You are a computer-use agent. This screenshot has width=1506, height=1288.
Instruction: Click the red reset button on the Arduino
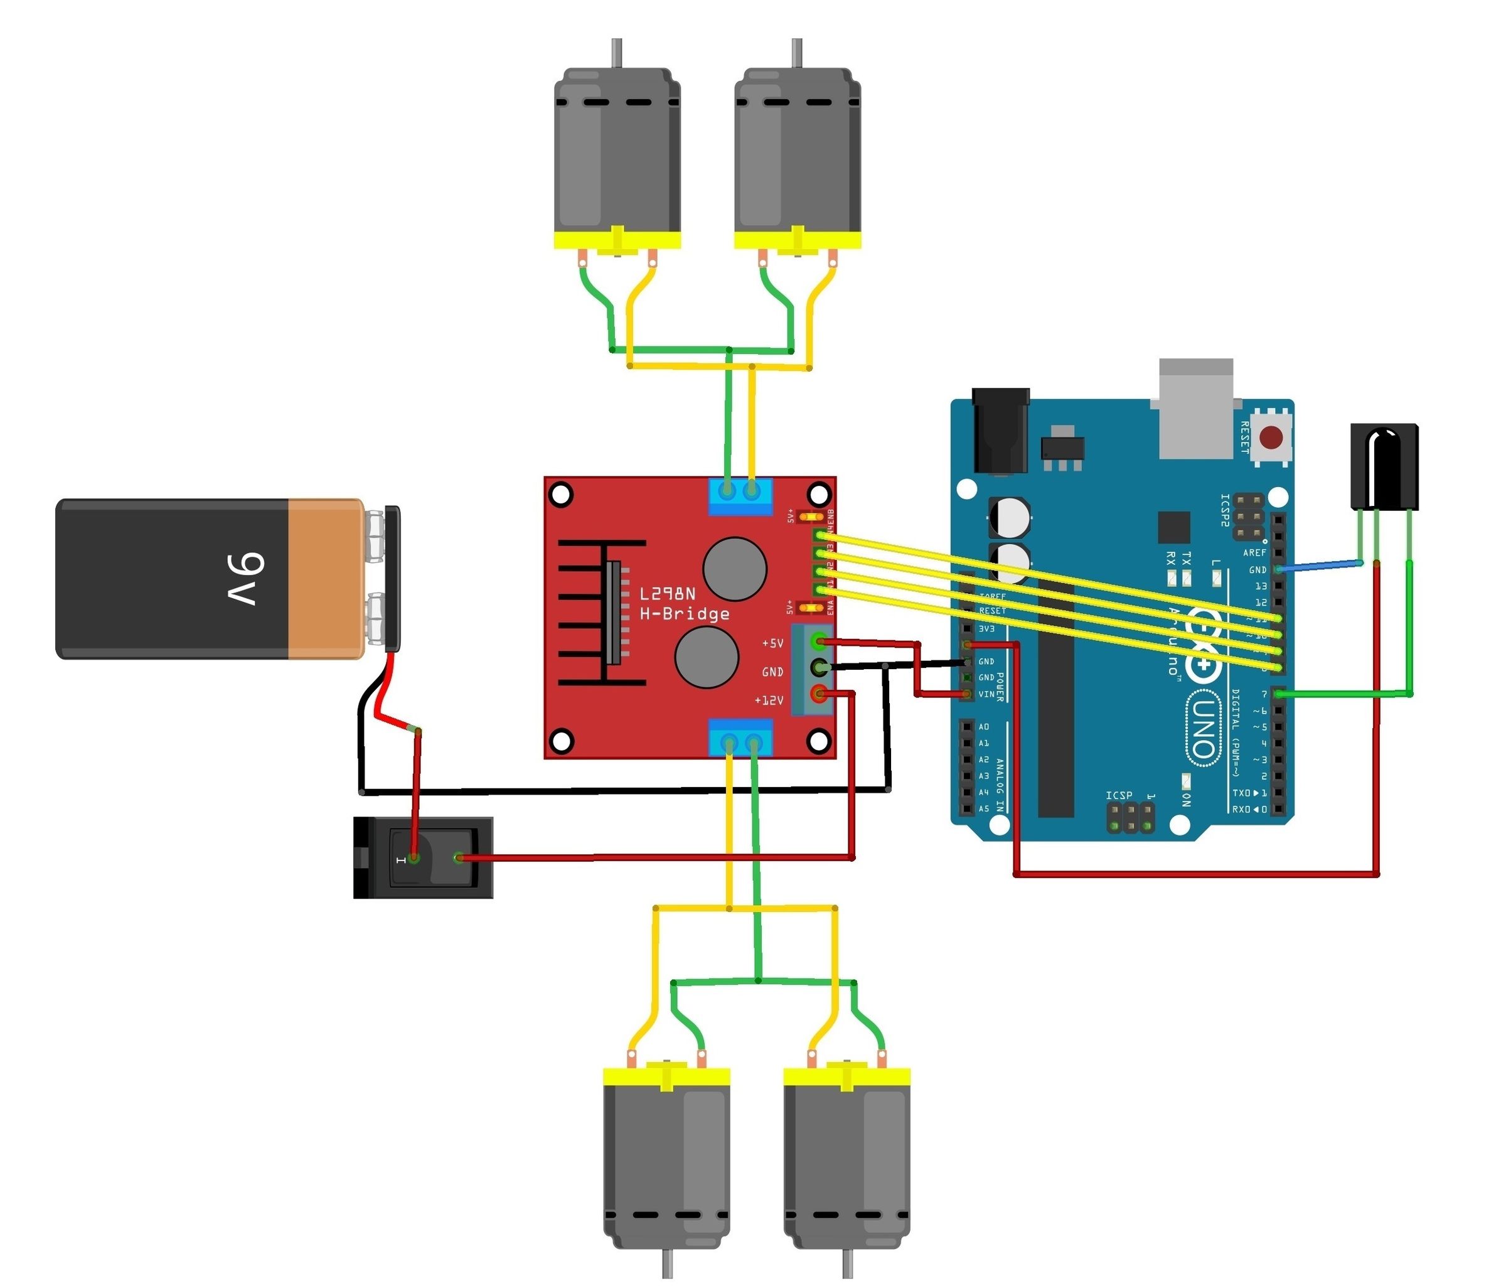1271,438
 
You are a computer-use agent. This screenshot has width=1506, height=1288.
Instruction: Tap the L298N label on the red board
667,594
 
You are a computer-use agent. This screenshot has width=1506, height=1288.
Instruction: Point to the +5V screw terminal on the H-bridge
819,641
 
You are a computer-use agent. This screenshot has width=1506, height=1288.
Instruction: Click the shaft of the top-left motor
616,52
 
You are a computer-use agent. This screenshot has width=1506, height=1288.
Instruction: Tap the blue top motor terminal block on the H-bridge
740,496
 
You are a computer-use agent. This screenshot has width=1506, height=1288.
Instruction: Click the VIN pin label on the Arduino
986,694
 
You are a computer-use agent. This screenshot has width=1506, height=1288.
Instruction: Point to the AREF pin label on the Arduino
1254,552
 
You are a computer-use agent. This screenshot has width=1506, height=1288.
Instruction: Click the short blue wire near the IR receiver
1320,566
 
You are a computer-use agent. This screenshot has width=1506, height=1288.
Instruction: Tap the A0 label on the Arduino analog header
983,727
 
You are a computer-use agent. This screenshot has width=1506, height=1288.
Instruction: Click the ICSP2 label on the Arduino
1225,510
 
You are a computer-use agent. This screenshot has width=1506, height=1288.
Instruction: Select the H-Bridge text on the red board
684,614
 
